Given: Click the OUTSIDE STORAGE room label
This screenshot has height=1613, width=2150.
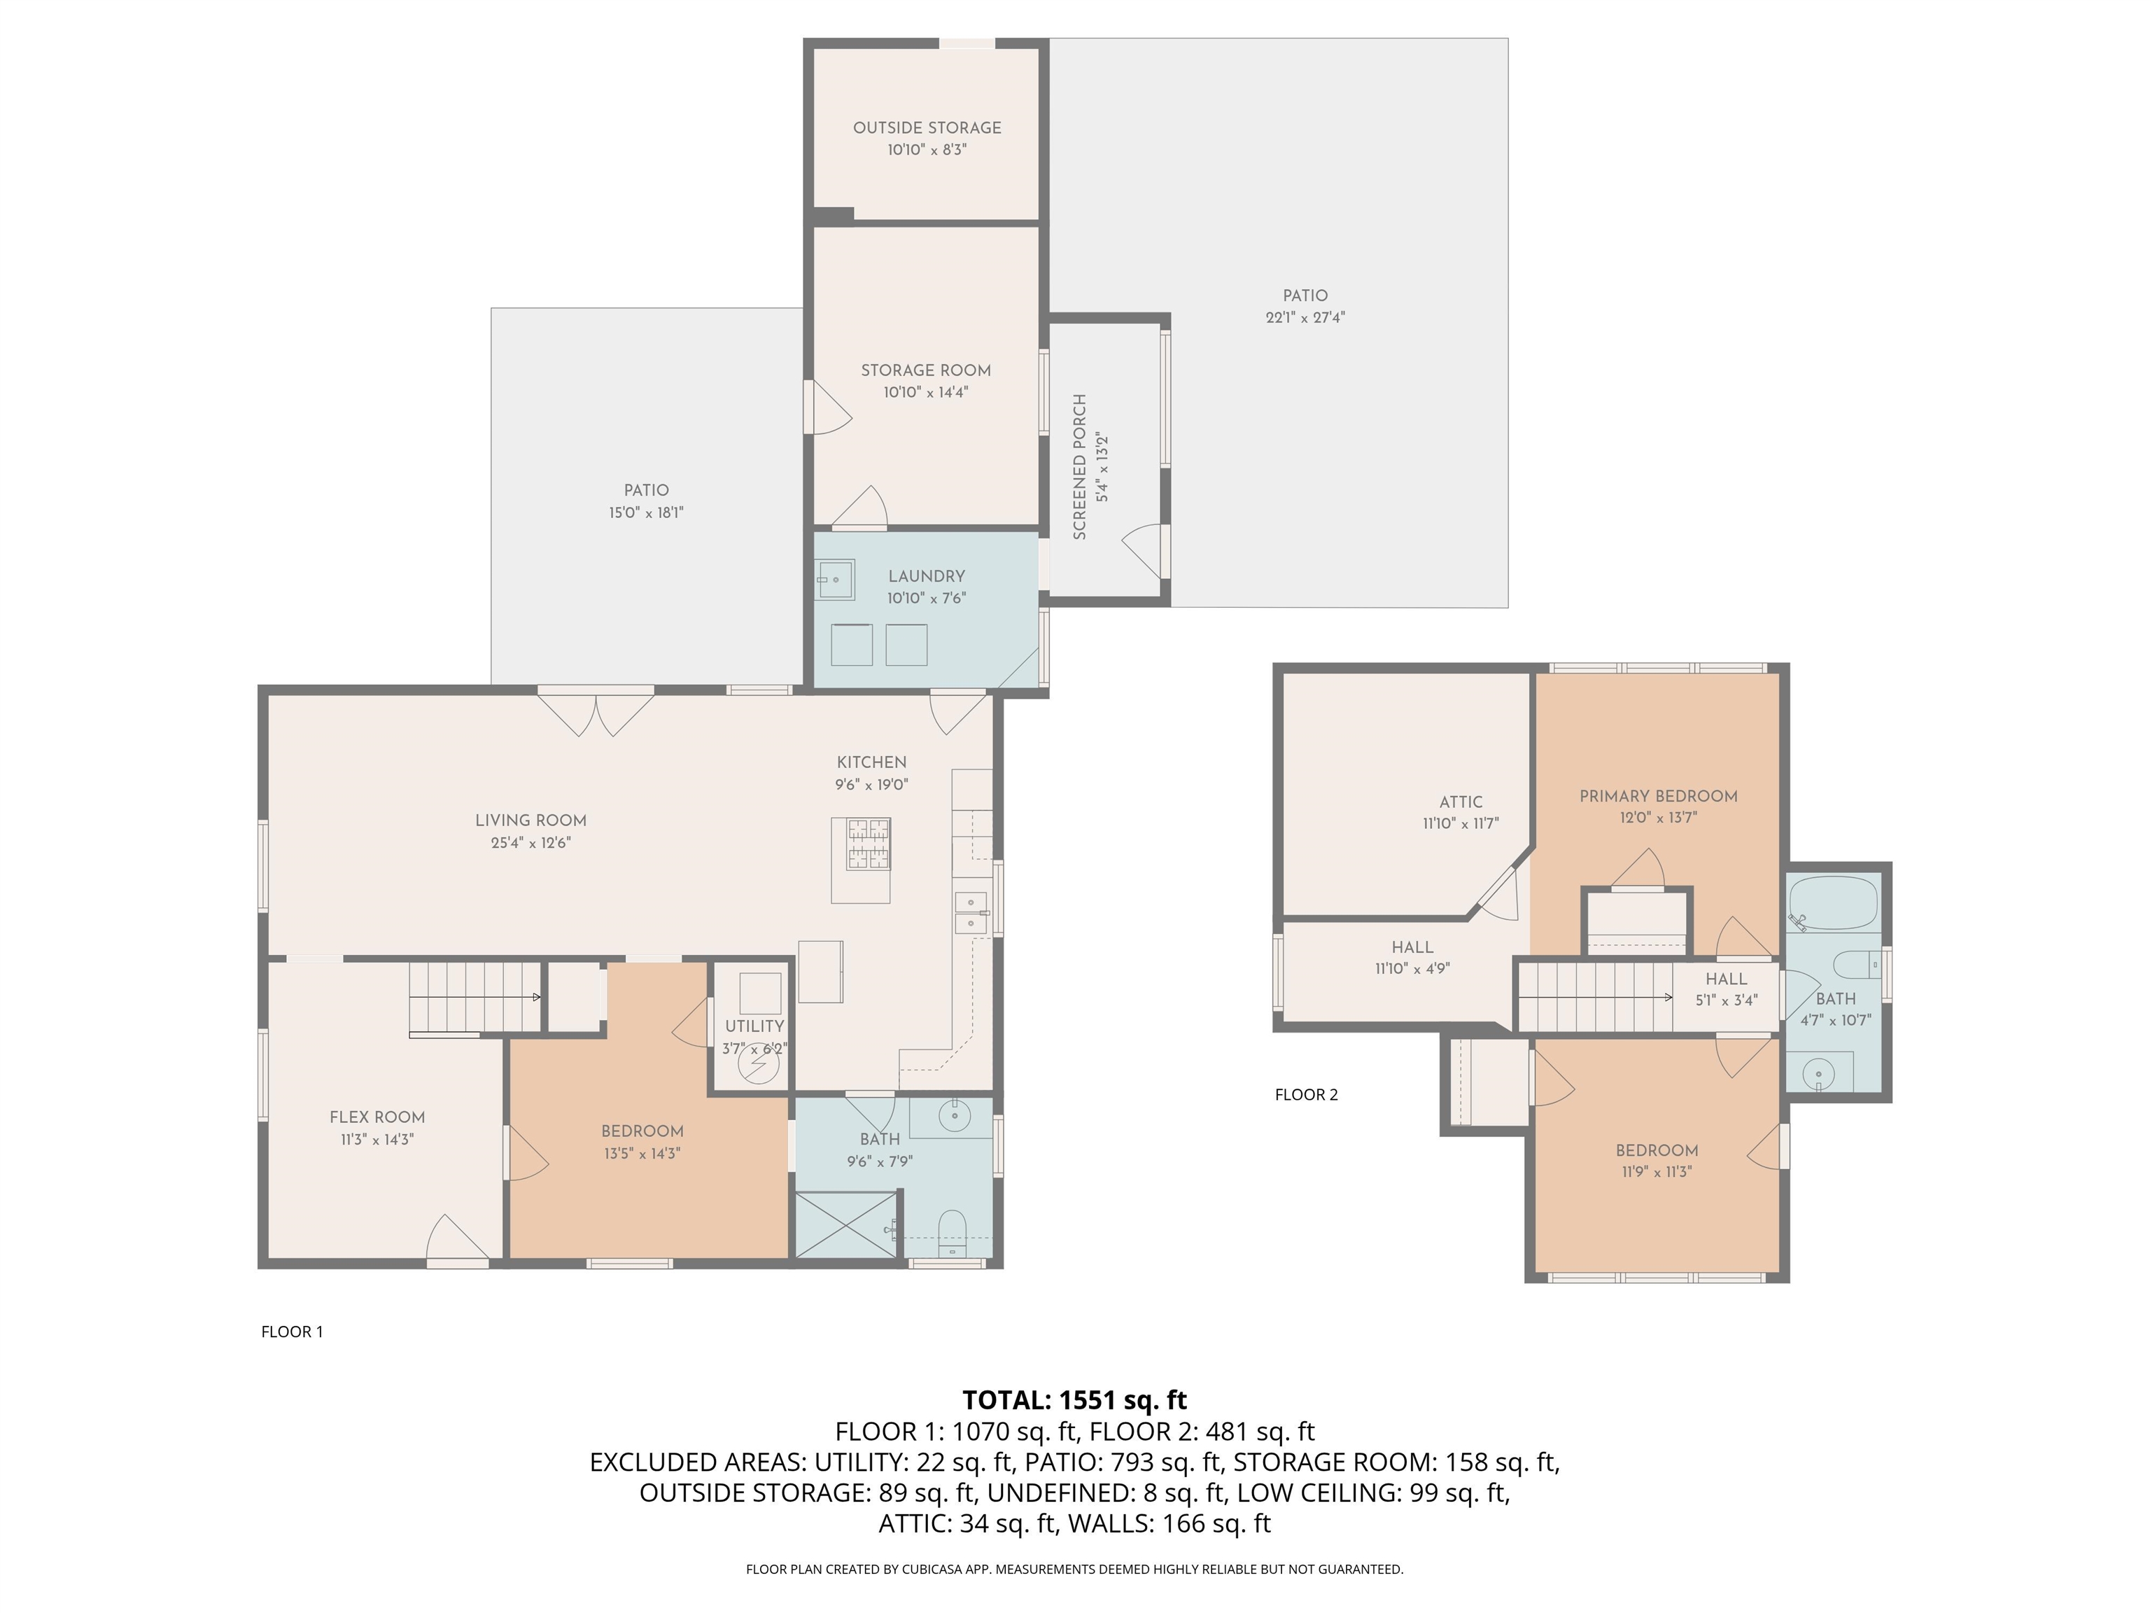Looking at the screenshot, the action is pos(927,127).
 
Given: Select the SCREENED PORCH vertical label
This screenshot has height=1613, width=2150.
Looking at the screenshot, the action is pos(1079,467).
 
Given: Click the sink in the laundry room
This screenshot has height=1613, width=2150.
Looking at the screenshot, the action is pos(835,580).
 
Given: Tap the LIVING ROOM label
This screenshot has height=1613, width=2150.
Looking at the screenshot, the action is pos(531,821).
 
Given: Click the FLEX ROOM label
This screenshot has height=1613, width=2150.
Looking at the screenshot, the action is pos(377,1117).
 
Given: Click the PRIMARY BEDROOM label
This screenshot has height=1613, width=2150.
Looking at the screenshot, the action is pos(1658,796).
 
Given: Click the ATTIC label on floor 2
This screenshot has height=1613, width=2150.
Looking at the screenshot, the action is pos(1461,802).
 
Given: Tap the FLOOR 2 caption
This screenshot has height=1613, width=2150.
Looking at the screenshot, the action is pos(1307,1095).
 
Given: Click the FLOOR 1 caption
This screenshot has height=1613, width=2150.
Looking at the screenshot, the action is pos(292,1332).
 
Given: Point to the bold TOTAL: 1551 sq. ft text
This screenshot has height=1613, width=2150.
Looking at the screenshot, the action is pos(1074,1400).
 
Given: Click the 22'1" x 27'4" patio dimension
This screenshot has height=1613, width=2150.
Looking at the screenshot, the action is pos(1305,318).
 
